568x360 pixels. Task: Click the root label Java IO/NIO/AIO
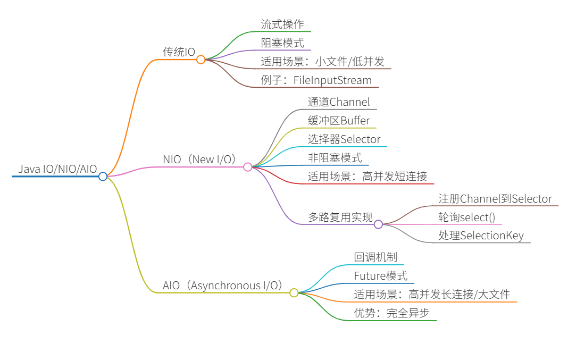(x=57, y=169)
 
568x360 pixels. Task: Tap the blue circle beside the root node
(x=103, y=176)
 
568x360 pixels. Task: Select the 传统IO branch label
(x=179, y=52)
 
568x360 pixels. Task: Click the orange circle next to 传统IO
(x=201, y=60)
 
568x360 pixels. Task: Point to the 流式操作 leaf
(x=282, y=24)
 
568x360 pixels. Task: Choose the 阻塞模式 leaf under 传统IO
(x=282, y=43)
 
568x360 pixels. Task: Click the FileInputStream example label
(x=316, y=80)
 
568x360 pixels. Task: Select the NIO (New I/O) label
(x=199, y=159)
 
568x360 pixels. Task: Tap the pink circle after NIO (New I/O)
(x=247, y=167)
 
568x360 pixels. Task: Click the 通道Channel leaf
(x=339, y=102)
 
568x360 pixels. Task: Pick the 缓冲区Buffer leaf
(x=339, y=120)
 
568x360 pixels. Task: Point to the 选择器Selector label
(x=344, y=139)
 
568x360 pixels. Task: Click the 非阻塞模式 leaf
(x=335, y=157)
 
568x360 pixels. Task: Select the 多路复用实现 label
(x=340, y=216)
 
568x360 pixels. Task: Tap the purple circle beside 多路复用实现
(x=378, y=224)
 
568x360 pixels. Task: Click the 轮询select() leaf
(x=466, y=217)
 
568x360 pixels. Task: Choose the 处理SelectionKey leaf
(x=481, y=236)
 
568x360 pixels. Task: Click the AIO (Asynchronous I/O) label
(x=222, y=286)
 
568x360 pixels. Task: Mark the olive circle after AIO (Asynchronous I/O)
(x=294, y=292)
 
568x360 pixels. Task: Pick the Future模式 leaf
(x=381, y=275)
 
